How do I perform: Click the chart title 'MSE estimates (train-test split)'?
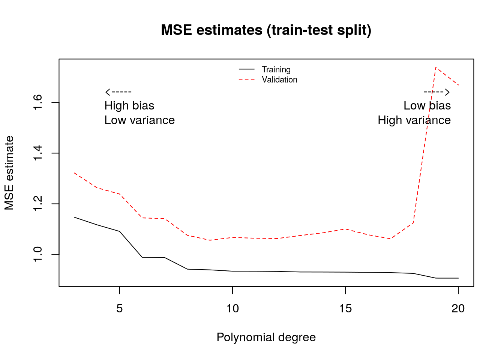(266, 30)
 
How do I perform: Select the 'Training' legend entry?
(276, 69)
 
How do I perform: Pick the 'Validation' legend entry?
(279, 79)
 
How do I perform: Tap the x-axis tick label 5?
(119, 309)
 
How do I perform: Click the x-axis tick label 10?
(232, 309)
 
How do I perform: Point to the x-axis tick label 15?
(345, 309)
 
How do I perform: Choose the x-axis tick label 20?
(458, 309)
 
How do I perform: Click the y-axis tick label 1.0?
(37, 254)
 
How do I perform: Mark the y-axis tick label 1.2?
(37, 204)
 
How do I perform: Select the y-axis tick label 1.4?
(37, 153)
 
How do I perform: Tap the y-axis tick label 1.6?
(37, 102)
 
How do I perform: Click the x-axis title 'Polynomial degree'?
(266, 337)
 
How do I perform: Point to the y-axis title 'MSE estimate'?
(9, 173)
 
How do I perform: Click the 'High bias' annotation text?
(129, 106)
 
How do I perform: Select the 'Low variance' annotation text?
(139, 120)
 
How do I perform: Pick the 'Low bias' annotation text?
(427, 106)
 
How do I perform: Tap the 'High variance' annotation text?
(414, 120)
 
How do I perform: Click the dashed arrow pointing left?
(118, 92)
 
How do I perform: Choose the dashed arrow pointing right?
(436, 92)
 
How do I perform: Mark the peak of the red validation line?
(436, 67)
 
